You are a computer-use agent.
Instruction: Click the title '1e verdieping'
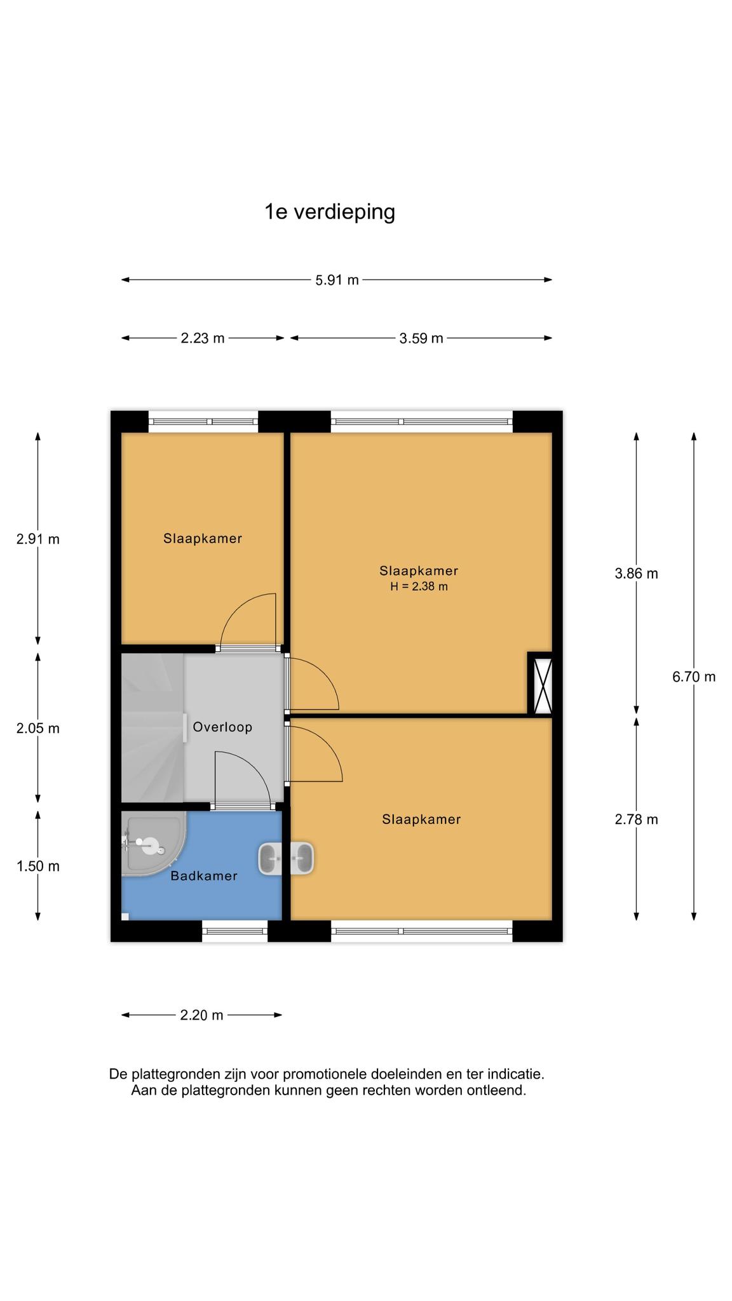pyautogui.click(x=330, y=212)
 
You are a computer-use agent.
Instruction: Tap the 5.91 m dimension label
pyautogui.click(x=337, y=280)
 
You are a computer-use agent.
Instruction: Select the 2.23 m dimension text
pyautogui.click(x=203, y=339)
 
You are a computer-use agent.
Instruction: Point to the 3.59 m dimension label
pyautogui.click(x=421, y=339)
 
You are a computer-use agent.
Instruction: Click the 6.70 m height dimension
pyautogui.click(x=694, y=677)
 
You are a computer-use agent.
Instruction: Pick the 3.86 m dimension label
pyautogui.click(x=636, y=574)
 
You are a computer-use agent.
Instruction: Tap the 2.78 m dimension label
pyautogui.click(x=636, y=819)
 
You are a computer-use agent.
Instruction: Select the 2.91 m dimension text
pyautogui.click(x=38, y=539)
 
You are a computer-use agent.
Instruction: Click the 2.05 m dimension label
pyautogui.click(x=38, y=729)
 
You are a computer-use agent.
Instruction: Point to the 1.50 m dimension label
pyautogui.click(x=38, y=866)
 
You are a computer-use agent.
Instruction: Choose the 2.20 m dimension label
pyautogui.click(x=202, y=1015)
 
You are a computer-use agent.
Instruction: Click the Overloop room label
pyautogui.click(x=222, y=727)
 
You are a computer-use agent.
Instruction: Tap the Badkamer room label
pyautogui.click(x=204, y=876)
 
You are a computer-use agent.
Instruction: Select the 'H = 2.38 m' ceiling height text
pyautogui.click(x=419, y=587)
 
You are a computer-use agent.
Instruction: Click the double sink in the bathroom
pyautogui.click(x=286, y=859)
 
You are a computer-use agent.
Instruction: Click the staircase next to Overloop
pyautogui.click(x=152, y=728)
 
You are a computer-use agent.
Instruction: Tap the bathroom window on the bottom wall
pyautogui.click(x=235, y=931)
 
